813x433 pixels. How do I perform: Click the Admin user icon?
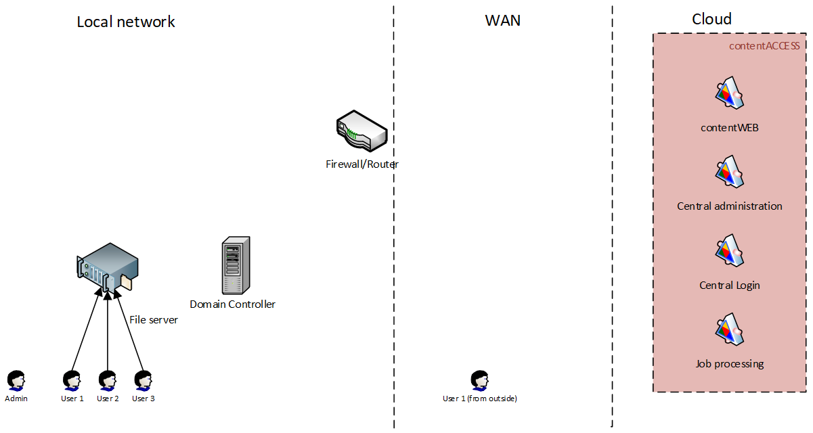pos(16,380)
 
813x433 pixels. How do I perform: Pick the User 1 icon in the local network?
pos(72,380)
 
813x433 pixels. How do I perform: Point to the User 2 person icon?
pos(108,380)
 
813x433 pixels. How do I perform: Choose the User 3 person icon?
pos(143,380)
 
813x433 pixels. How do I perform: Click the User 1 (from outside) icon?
pos(479,380)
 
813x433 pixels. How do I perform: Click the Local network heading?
pos(126,22)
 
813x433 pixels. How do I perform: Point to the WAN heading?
pos(503,20)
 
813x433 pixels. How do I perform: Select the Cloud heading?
pos(711,19)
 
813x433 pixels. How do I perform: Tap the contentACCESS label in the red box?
pos(764,46)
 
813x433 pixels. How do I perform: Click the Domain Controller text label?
pos(232,304)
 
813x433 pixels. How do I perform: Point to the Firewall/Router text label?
pos(362,164)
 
